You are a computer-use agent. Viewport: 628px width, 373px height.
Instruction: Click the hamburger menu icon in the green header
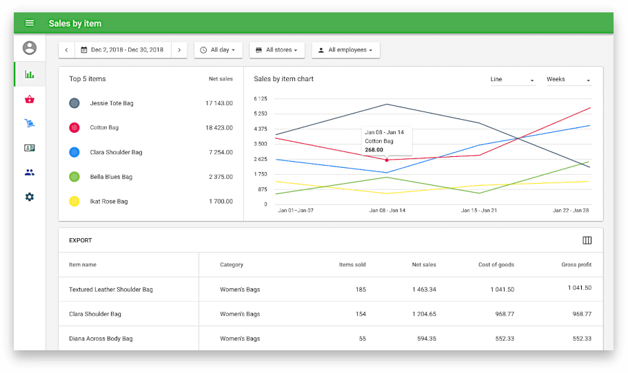coord(30,23)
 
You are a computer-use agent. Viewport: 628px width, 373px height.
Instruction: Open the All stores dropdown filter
coord(276,50)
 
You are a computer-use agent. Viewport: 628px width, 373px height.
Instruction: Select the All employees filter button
coord(345,50)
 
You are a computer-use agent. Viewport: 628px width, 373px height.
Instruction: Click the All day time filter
coord(218,50)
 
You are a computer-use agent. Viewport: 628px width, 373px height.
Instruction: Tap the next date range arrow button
coord(179,50)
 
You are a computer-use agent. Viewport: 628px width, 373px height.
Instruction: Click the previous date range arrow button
coord(66,50)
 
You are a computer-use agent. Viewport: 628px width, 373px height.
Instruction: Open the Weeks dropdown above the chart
coord(568,80)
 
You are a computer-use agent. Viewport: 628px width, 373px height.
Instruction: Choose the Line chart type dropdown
coord(512,80)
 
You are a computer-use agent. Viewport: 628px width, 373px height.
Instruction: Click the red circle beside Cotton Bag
coord(74,128)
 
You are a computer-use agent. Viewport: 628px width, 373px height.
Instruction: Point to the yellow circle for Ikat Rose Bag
coord(74,202)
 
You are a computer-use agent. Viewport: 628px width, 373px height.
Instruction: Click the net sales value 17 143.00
coord(219,103)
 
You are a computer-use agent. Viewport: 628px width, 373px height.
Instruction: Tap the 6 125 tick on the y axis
coord(260,99)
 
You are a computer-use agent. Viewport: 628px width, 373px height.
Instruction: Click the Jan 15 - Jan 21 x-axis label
coord(479,210)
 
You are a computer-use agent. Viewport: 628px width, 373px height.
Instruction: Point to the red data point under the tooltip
coord(387,160)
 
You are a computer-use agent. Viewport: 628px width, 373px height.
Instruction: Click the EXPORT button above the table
coord(81,241)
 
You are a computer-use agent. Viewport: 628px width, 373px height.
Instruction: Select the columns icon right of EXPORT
coord(587,240)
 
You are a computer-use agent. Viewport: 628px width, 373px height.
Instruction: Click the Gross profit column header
coord(576,265)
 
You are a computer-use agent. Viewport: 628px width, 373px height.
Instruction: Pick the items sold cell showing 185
coord(361,290)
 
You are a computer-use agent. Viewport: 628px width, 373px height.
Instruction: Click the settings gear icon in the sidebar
coord(30,197)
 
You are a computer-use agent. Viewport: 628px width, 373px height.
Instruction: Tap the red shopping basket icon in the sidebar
coord(30,99)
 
